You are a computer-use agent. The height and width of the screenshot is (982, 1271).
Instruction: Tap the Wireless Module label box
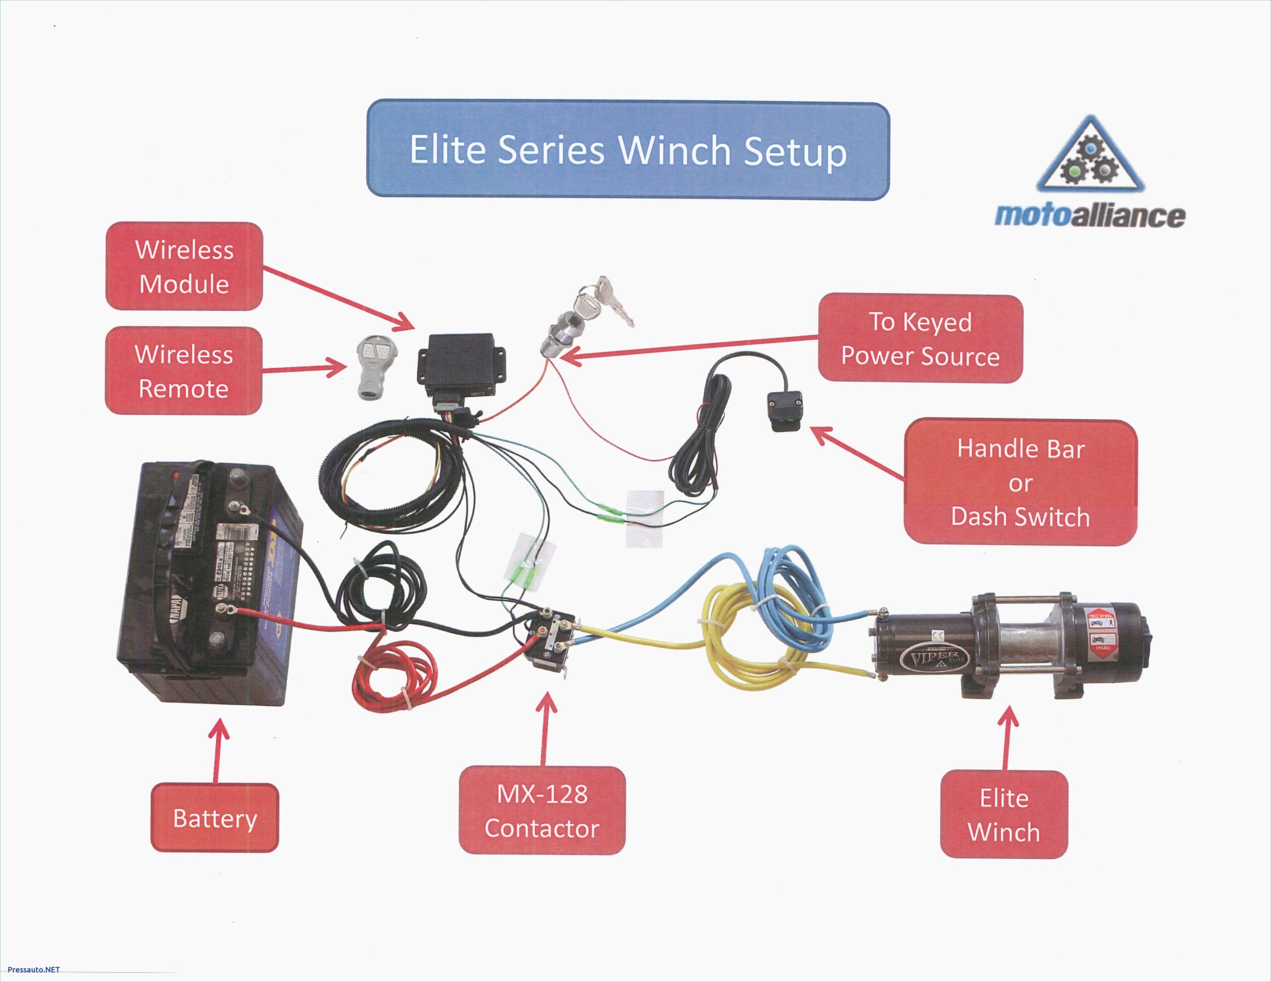point(184,266)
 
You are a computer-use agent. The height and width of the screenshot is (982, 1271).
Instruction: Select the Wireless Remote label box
point(183,371)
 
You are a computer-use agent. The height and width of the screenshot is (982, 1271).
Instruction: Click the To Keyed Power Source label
point(919,338)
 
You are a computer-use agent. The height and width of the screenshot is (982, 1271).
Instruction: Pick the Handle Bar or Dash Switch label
point(1020,483)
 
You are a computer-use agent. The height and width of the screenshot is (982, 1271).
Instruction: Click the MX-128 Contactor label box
point(542,810)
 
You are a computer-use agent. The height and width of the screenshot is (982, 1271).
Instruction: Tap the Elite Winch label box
point(1003,814)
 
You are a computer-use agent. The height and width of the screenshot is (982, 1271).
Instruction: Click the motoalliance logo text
point(1089,215)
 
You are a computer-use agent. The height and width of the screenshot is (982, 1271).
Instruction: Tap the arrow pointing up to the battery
point(217,751)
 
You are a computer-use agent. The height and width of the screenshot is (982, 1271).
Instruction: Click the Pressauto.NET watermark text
point(33,969)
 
